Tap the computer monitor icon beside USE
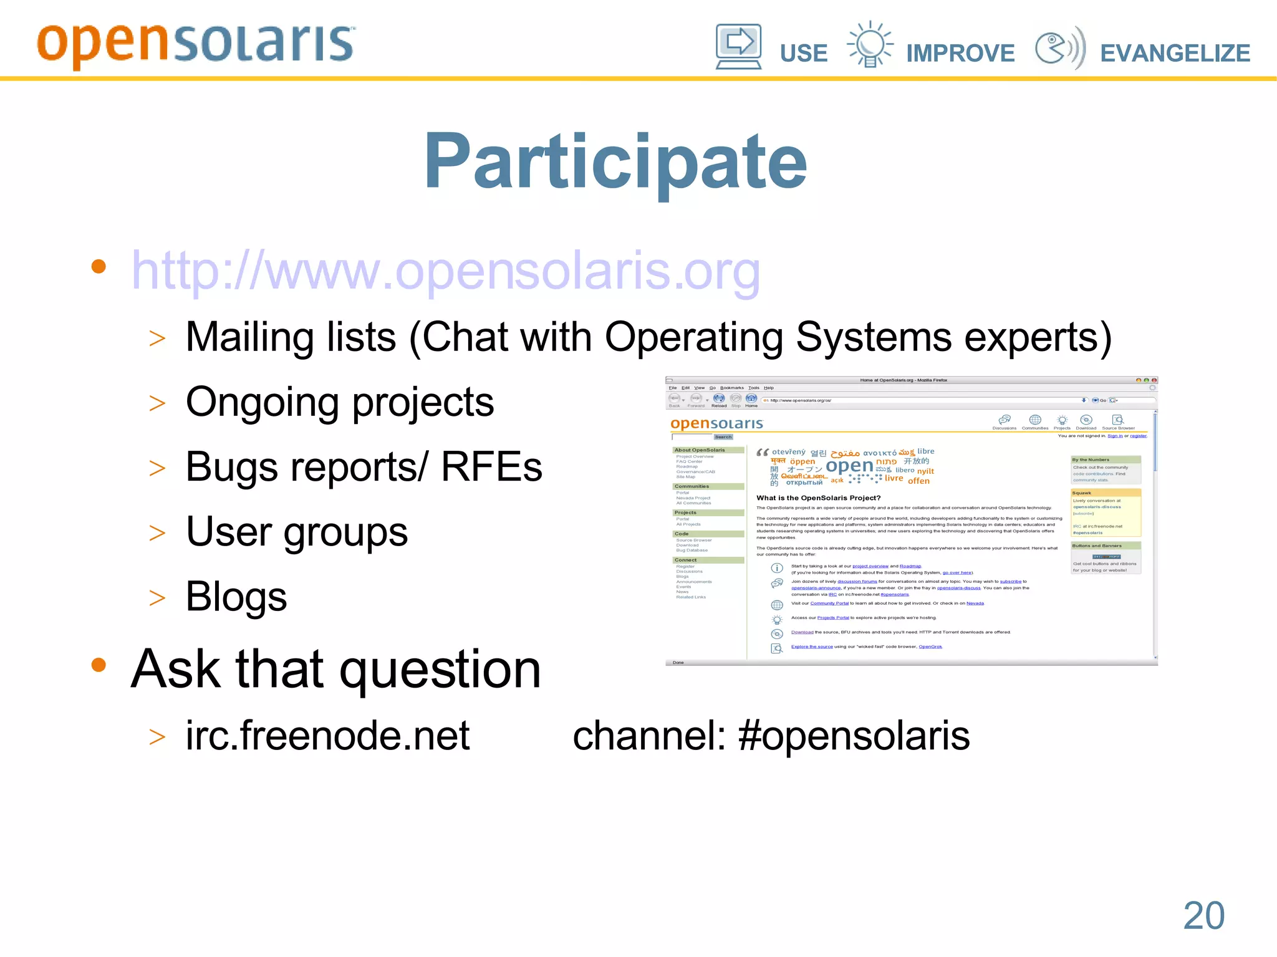738,46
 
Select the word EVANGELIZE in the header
1175,53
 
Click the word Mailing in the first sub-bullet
291,337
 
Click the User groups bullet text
297,532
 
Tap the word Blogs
236,597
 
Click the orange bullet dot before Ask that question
99,665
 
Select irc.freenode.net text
327,736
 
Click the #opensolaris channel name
854,736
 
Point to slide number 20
1203,915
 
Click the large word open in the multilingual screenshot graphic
849,466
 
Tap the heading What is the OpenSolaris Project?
818,498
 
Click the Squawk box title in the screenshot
1082,493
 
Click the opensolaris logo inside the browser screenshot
716,424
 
